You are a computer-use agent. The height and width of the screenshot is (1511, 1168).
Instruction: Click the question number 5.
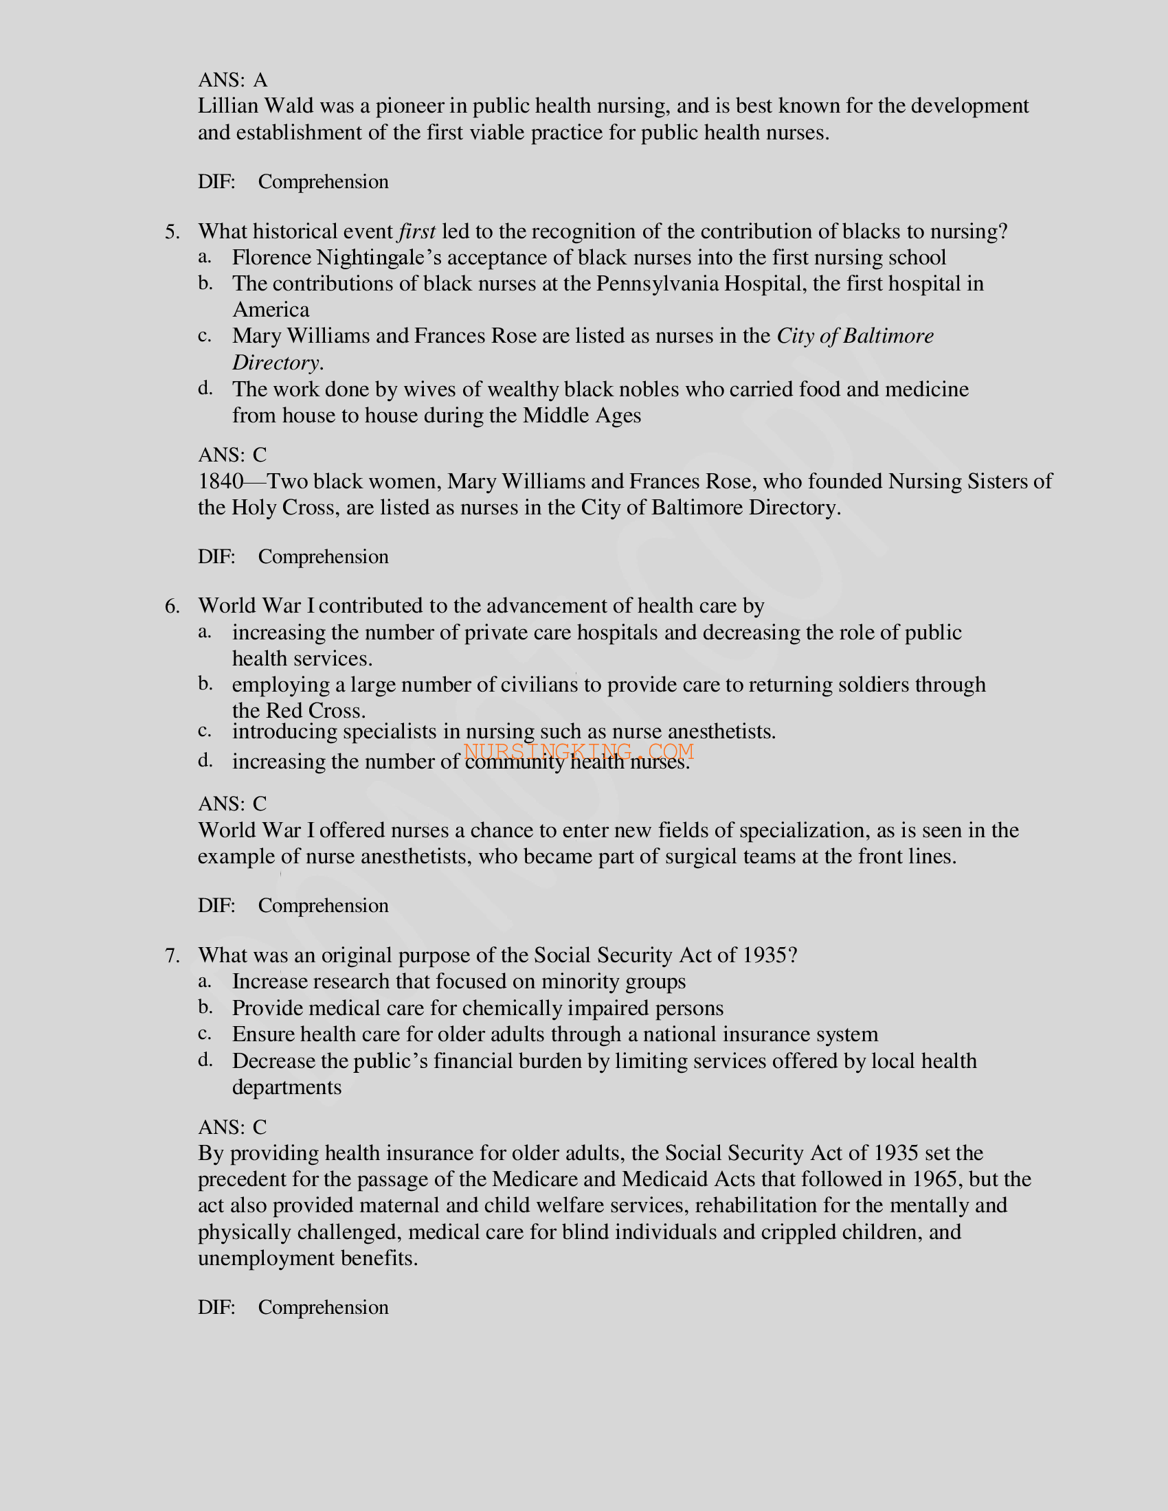(172, 231)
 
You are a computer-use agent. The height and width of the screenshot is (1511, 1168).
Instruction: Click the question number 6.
(172, 606)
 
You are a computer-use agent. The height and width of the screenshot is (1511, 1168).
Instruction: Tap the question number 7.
(172, 956)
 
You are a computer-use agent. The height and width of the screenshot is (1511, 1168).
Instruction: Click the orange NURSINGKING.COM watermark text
(579, 751)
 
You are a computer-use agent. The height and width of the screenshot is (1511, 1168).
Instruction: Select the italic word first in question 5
(416, 231)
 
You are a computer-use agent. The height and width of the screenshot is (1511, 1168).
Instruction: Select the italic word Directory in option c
(276, 363)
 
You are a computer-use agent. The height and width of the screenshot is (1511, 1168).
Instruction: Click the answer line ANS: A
(232, 80)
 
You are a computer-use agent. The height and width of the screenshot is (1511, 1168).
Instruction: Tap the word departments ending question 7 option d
(287, 1088)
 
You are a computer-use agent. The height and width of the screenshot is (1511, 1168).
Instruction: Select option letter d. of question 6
(205, 761)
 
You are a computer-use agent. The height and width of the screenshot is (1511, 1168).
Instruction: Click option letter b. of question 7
(205, 1008)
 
